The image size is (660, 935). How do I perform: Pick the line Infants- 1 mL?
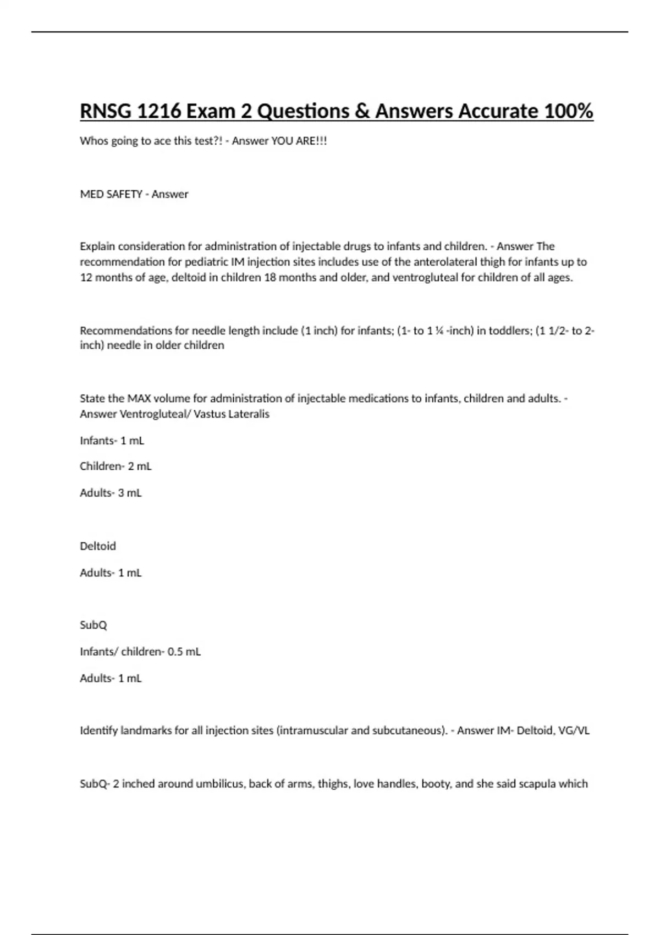(112, 441)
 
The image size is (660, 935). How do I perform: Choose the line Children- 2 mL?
(116, 466)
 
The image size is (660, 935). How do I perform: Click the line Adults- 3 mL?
(111, 493)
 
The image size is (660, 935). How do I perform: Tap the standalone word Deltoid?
(98, 546)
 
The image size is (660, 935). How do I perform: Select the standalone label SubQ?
(94, 625)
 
